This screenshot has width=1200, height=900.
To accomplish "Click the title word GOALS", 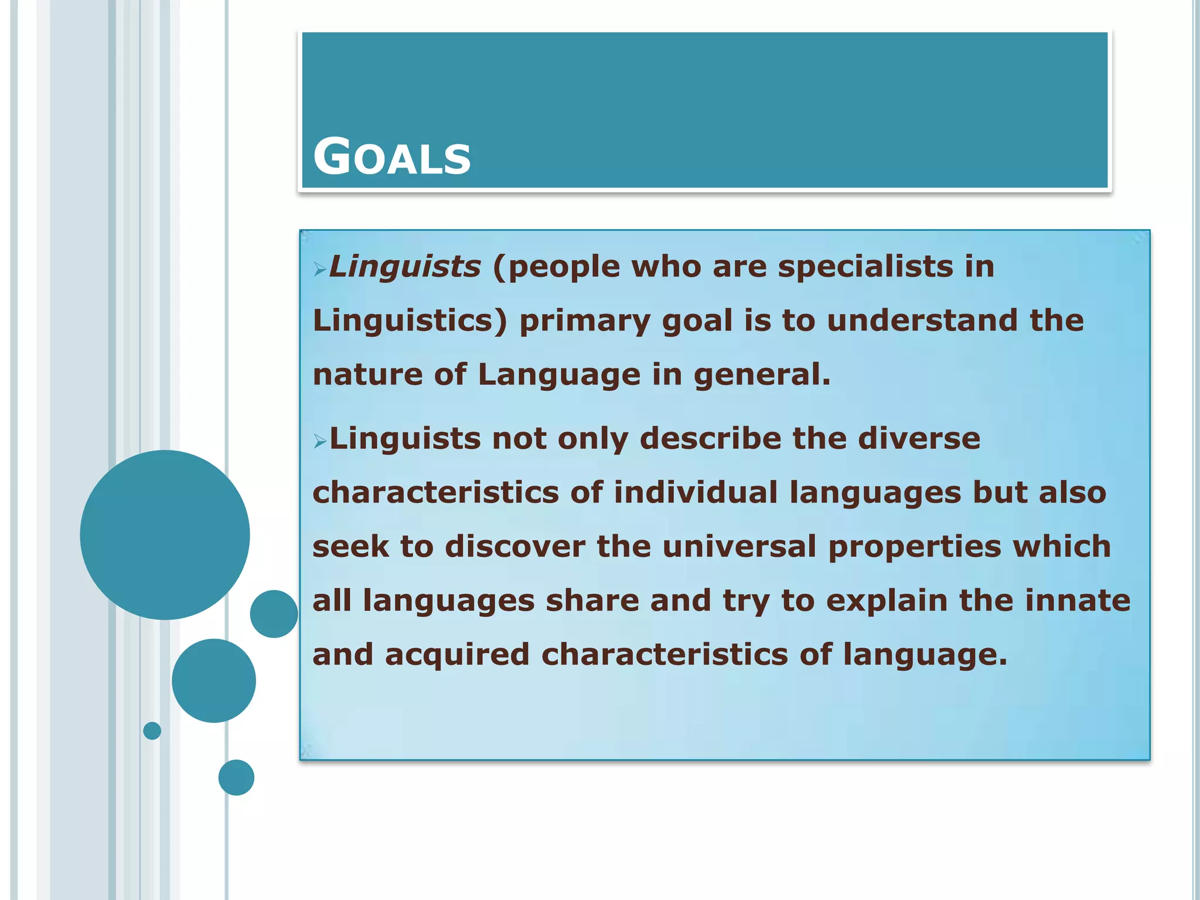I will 391,156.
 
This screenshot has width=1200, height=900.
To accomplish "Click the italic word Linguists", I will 405,267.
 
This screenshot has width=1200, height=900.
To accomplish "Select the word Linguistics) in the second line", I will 410,322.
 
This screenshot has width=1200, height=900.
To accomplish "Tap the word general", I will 762,375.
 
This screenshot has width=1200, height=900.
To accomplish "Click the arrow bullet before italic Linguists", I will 319,270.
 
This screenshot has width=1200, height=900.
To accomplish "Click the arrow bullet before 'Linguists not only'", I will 319,441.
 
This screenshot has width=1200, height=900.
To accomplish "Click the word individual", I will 696,492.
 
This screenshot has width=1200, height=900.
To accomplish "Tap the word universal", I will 739,546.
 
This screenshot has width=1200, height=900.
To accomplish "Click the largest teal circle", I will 165,534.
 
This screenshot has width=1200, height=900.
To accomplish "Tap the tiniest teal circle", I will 152,731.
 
